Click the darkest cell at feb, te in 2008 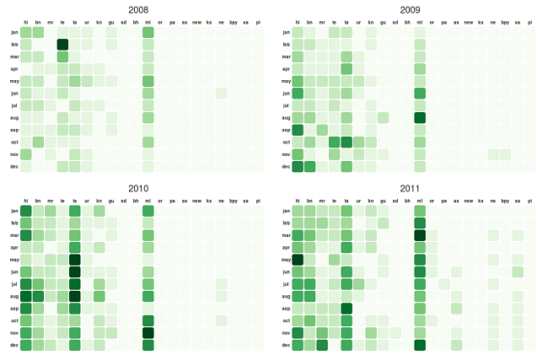pos(62,45)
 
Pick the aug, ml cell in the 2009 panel pos(420,118)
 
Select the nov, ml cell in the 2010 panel pos(148,333)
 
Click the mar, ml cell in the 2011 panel pos(420,235)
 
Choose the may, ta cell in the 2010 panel pos(75,260)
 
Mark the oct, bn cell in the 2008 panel pos(38,142)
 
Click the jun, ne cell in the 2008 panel pos(222,94)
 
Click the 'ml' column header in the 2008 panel pos(148,21)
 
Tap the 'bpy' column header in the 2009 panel pos(505,21)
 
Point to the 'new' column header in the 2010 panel pos(196,200)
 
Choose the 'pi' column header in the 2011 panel pos(530,200)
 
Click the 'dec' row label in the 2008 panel pos(13,167)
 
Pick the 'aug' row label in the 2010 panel pos(13,297)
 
